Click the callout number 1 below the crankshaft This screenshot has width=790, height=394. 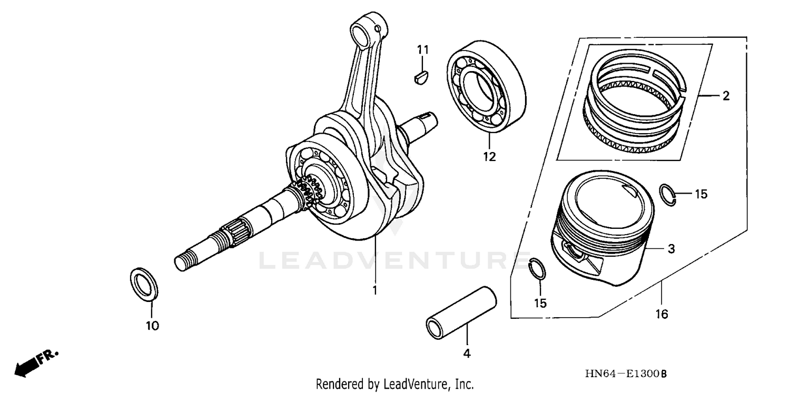click(x=375, y=290)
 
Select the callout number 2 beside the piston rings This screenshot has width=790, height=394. click(x=726, y=96)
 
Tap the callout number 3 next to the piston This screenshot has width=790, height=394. click(x=670, y=249)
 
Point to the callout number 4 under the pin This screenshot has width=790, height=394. click(x=467, y=353)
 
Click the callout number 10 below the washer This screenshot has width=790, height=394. click(x=152, y=326)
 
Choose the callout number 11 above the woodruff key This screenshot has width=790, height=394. click(x=423, y=50)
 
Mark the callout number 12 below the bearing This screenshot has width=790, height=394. click(x=490, y=156)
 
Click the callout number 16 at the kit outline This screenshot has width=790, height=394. click(x=661, y=314)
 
